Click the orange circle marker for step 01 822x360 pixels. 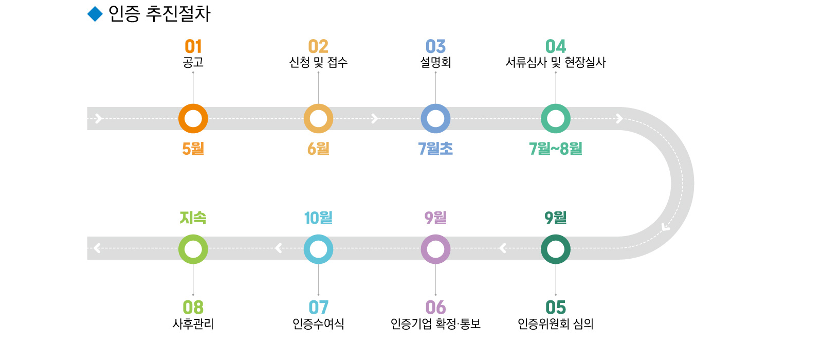193,119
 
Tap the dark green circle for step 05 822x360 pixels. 555,249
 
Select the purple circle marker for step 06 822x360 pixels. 435,249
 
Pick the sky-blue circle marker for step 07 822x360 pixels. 318,249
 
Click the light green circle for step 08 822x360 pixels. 193,249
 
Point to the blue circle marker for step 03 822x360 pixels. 435,119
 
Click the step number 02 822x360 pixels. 318,47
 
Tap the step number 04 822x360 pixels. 555,47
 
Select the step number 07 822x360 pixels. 318,308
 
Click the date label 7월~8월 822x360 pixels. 555,149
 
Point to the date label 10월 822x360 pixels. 318,218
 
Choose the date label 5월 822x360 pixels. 193,149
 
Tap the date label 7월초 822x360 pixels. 435,149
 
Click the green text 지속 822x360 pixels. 193,218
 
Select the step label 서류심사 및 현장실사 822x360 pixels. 555,63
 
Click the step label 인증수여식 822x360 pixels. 318,324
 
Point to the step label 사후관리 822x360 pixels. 193,324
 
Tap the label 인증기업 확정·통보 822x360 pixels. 435,324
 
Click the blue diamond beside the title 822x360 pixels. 95,14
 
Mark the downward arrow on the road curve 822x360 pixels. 666,226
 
